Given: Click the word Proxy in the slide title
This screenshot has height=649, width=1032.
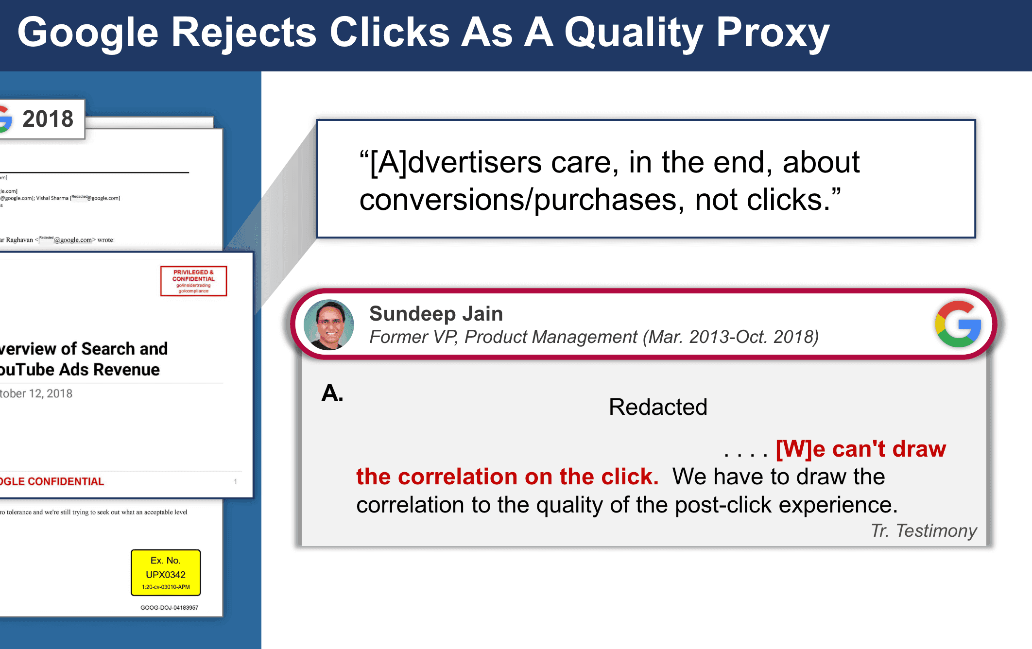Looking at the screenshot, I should [773, 33].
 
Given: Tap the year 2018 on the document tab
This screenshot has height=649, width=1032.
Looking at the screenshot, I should [48, 119].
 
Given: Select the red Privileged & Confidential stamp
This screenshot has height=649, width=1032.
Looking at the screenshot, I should [193, 281].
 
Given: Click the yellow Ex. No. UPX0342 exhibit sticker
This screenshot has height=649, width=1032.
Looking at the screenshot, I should [166, 573].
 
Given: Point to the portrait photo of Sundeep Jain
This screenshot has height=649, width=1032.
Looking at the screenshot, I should [328, 324].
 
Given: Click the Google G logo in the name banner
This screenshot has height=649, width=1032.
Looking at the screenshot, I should [958, 324].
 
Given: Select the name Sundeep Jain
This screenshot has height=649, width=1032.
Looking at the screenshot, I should [436, 313].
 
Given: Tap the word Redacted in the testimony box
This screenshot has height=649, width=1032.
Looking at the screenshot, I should [658, 407].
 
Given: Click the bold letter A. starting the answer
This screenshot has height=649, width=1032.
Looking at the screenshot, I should [332, 393].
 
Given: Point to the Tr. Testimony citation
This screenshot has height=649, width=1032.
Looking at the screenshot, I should [924, 530].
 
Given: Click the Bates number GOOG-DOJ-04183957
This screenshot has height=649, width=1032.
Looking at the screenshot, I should [169, 608].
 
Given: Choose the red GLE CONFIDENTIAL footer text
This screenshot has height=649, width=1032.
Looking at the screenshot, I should [52, 481].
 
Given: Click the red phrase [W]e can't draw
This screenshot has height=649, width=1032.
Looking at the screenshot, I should [860, 448].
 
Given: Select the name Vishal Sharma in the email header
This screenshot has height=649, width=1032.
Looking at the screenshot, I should [52, 198].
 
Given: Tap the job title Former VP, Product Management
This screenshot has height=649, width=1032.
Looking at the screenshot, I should [503, 337].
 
